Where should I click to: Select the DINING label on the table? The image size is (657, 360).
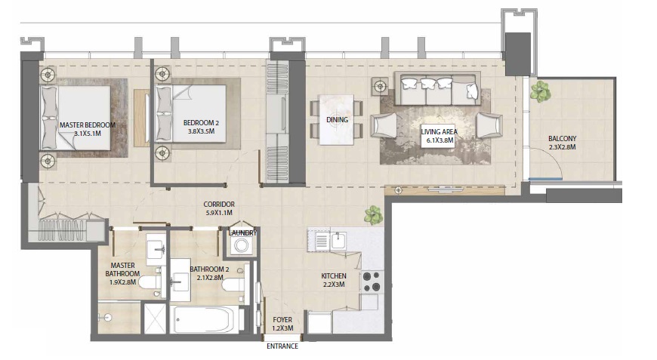tap(337, 120)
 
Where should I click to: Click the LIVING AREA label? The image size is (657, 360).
tap(439, 132)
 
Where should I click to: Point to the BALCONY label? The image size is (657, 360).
tap(563, 138)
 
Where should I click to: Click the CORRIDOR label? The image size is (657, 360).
tap(219, 205)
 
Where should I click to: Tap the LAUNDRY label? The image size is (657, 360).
tap(243, 233)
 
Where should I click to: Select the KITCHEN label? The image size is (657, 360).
tap(333, 276)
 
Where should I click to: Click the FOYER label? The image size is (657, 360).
tap(282, 319)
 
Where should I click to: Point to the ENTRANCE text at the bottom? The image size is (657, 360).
tap(282, 346)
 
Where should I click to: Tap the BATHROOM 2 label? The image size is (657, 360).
tap(209, 269)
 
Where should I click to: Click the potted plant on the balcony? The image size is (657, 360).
tap(540, 92)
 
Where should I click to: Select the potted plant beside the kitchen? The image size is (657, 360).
tap(373, 215)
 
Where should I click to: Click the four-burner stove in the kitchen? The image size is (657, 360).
tap(371, 281)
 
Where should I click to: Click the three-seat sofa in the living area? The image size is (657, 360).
tap(439, 90)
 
